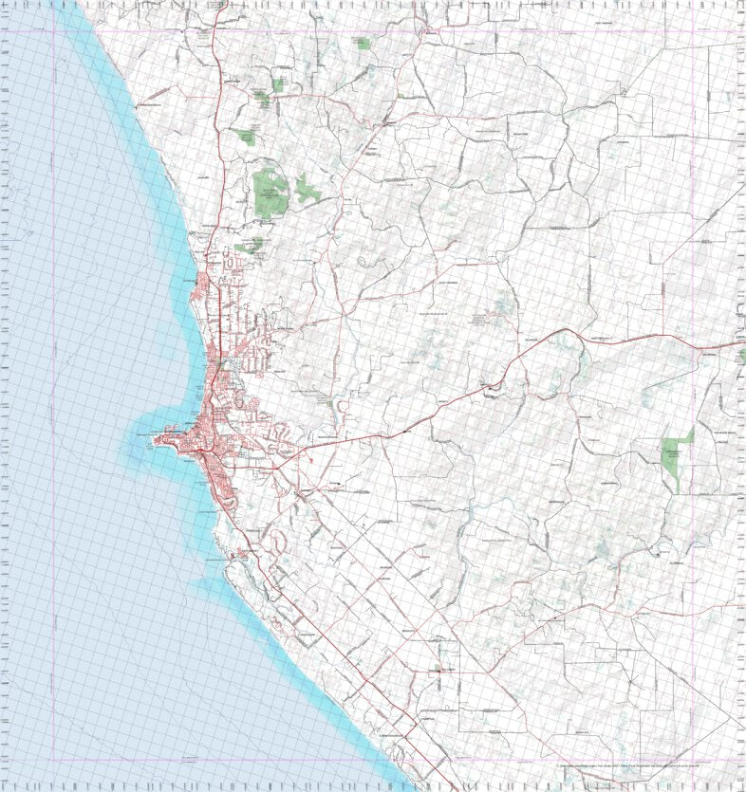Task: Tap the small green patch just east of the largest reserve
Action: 308,190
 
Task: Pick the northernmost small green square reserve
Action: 362,43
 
